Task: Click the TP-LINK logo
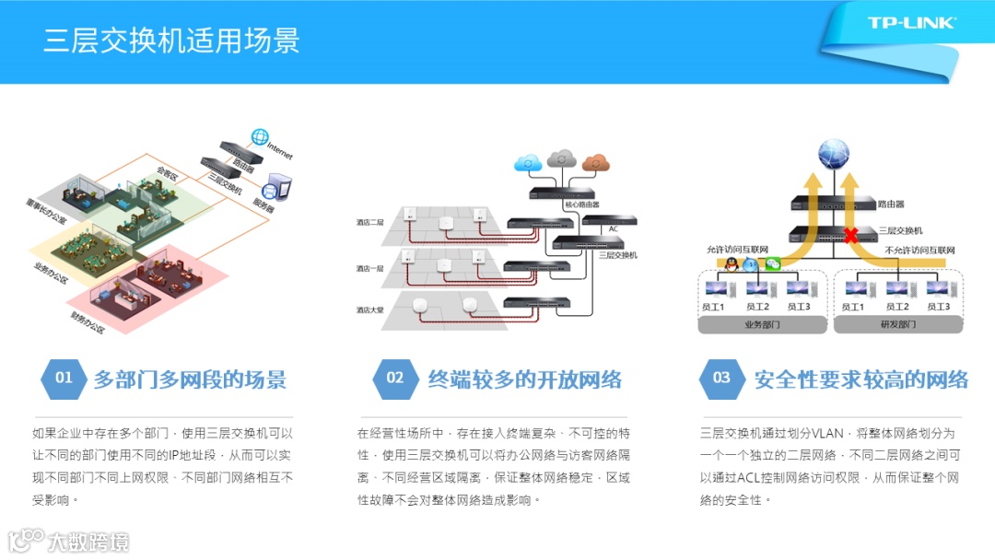911,23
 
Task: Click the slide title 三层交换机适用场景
172,41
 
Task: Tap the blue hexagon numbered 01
64,378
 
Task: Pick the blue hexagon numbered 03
721,378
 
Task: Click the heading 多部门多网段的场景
190,379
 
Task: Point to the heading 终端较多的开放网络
525,379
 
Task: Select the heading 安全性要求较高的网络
861,379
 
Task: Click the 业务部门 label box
762,325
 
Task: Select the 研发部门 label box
894,325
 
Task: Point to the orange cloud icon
596,163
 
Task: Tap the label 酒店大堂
370,309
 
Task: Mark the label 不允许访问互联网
919,251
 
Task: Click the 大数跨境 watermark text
88,541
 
